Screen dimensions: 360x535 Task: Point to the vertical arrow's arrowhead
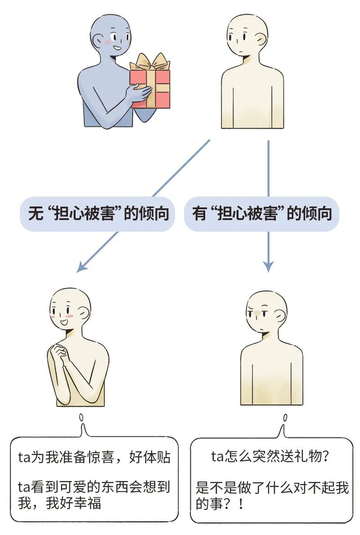(x=268, y=265)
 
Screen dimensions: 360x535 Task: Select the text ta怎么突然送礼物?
(x=270, y=456)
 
